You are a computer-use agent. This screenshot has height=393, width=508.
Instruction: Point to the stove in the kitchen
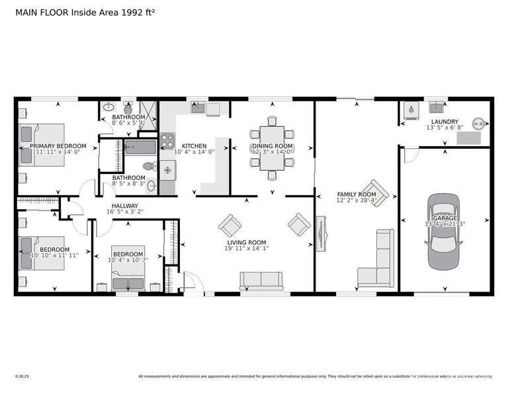click(x=167, y=140)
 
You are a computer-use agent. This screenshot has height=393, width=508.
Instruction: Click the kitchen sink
click(x=197, y=108)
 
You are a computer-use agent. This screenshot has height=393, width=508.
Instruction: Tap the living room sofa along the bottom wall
click(x=261, y=281)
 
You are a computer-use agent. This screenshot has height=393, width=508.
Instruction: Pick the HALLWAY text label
click(x=124, y=206)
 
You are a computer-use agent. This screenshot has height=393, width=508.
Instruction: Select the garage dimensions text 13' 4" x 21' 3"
click(x=444, y=224)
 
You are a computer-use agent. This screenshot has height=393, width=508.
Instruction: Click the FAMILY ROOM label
click(x=356, y=195)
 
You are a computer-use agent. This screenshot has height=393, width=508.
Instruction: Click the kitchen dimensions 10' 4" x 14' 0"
click(x=194, y=152)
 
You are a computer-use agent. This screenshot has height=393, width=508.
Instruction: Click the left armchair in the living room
click(x=230, y=225)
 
